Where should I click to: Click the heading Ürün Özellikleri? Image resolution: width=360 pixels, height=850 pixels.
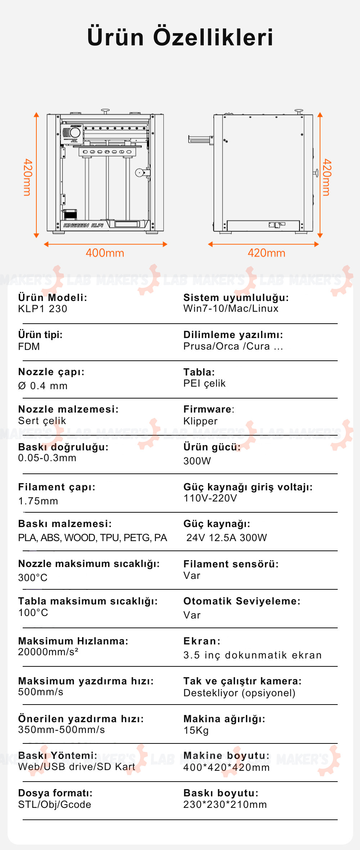(180, 37)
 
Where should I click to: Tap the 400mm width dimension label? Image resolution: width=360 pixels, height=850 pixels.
(105, 253)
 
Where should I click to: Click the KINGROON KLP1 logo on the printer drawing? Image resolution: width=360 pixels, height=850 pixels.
(84, 225)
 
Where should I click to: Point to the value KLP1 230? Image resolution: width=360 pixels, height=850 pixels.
(42, 309)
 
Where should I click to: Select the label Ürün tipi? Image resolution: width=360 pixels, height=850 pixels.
(40, 334)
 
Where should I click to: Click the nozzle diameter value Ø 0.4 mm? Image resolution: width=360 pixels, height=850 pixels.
(43, 386)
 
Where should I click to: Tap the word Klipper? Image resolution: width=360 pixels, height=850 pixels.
(201, 421)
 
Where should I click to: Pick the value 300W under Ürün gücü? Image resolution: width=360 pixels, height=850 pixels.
(197, 461)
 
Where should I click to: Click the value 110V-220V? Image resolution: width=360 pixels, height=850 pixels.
(210, 498)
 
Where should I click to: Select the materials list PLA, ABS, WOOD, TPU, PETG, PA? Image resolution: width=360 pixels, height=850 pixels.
(93, 538)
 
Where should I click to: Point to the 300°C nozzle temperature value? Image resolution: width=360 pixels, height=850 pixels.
(33, 578)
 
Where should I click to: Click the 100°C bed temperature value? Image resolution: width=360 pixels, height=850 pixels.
(33, 613)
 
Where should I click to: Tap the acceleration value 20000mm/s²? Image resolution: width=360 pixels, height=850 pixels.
(48, 652)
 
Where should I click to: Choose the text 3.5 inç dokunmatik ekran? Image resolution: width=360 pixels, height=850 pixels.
(252, 655)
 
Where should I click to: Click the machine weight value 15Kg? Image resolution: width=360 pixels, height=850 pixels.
(196, 730)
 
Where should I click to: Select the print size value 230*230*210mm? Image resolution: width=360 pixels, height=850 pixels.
(225, 805)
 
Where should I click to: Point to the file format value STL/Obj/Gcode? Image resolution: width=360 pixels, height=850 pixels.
(55, 805)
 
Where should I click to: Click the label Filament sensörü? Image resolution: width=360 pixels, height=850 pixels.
(231, 564)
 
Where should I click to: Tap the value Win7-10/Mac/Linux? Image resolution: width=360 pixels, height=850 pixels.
(231, 309)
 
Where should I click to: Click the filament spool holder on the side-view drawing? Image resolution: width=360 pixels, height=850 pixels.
(200, 139)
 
